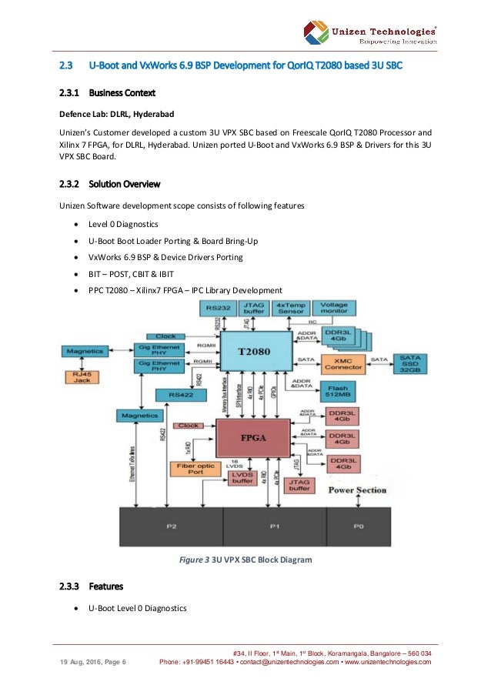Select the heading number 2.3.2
point(72,185)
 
